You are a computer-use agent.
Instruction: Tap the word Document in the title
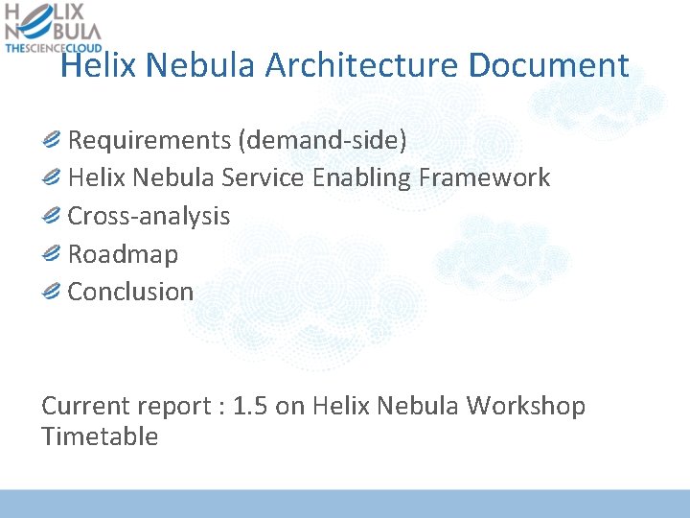tap(549, 66)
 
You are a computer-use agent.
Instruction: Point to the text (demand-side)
tap(323, 141)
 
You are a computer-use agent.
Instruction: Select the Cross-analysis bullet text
tap(149, 216)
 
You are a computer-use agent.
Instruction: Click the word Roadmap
tap(123, 254)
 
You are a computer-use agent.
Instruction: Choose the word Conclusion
tap(130, 292)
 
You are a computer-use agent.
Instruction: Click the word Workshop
tap(525, 406)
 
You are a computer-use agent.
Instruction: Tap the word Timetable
tap(100, 436)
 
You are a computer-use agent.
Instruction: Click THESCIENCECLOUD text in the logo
tap(54, 47)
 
